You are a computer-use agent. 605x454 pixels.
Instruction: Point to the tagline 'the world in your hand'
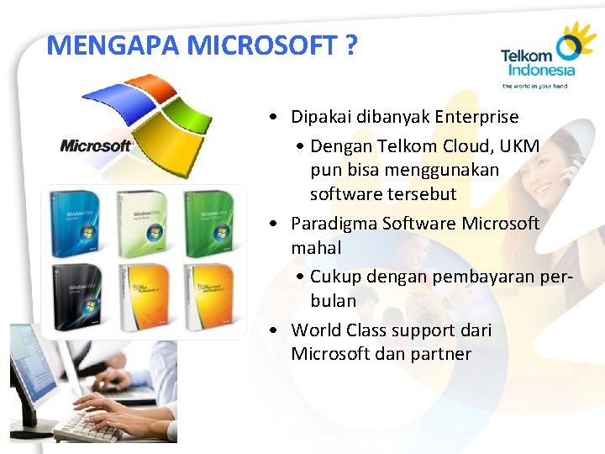pyautogui.click(x=534, y=86)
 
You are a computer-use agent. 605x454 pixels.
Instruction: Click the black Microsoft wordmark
pyautogui.click(x=96, y=146)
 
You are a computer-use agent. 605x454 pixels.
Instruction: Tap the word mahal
pyautogui.click(x=316, y=248)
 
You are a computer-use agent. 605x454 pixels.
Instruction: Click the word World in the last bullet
pyautogui.click(x=313, y=330)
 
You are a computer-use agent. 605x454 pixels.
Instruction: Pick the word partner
pyautogui.click(x=441, y=354)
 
